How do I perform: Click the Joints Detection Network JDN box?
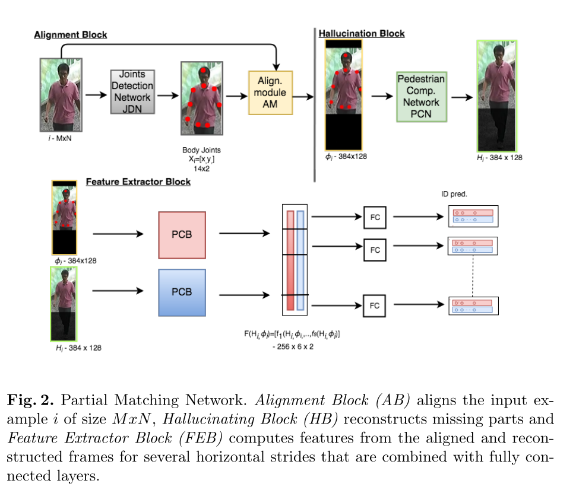point(132,91)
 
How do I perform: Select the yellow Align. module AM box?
point(270,93)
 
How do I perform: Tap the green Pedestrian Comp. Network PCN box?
point(421,97)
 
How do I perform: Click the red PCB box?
point(182,235)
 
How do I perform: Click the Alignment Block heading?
point(70,35)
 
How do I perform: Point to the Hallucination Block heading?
point(362,33)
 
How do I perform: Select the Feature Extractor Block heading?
point(138,182)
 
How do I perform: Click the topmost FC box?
point(375,218)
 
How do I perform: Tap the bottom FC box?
point(375,306)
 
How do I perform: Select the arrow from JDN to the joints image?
point(166,94)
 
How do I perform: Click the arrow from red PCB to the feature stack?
point(245,234)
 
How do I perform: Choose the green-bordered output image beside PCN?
point(497,96)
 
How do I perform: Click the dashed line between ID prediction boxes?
point(473,275)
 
